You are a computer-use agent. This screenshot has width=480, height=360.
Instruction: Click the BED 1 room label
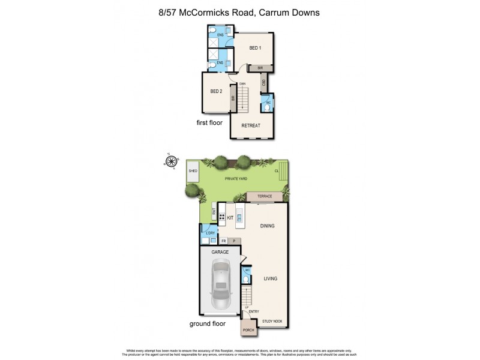pyautogui.click(x=255, y=48)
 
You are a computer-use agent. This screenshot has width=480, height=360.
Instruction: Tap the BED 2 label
pyautogui.click(x=216, y=92)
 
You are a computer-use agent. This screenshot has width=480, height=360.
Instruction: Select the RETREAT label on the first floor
pyautogui.click(x=250, y=125)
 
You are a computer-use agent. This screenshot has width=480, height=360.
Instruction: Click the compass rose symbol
pyautogui.click(x=172, y=161)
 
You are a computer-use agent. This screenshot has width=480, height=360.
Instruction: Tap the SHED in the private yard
pyautogui.click(x=193, y=171)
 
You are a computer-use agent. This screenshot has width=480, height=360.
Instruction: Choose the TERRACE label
pyautogui.click(x=265, y=197)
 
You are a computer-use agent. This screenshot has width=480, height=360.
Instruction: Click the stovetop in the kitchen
pyautogui.click(x=221, y=219)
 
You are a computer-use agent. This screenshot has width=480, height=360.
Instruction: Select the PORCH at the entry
pyautogui.click(x=248, y=331)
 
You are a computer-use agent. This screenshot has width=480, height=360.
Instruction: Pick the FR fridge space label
pyautogui.click(x=223, y=241)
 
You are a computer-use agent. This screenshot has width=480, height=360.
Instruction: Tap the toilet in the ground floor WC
pyautogui.click(x=246, y=279)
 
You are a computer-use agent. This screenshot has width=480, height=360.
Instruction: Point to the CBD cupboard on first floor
pyautogui.click(x=263, y=83)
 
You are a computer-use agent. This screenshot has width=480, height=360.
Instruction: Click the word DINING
pyautogui.click(x=267, y=226)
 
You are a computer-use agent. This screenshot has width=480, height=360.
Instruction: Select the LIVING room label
pyautogui.click(x=270, y=278)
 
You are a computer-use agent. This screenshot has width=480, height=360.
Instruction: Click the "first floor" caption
pyautogui.click(x=209, y=123)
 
